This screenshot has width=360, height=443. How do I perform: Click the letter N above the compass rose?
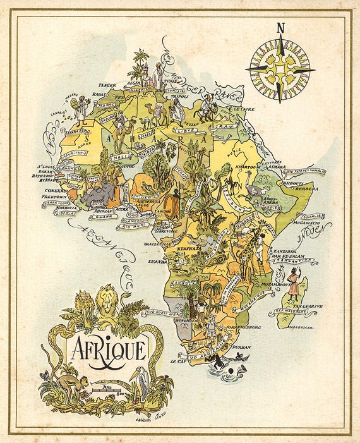pyautogui.click(x=280, y=27)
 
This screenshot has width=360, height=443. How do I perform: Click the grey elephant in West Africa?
pyautogui.click(x=94, y=194)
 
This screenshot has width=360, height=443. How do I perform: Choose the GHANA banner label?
pyautogui.click(x=102, y=217)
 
